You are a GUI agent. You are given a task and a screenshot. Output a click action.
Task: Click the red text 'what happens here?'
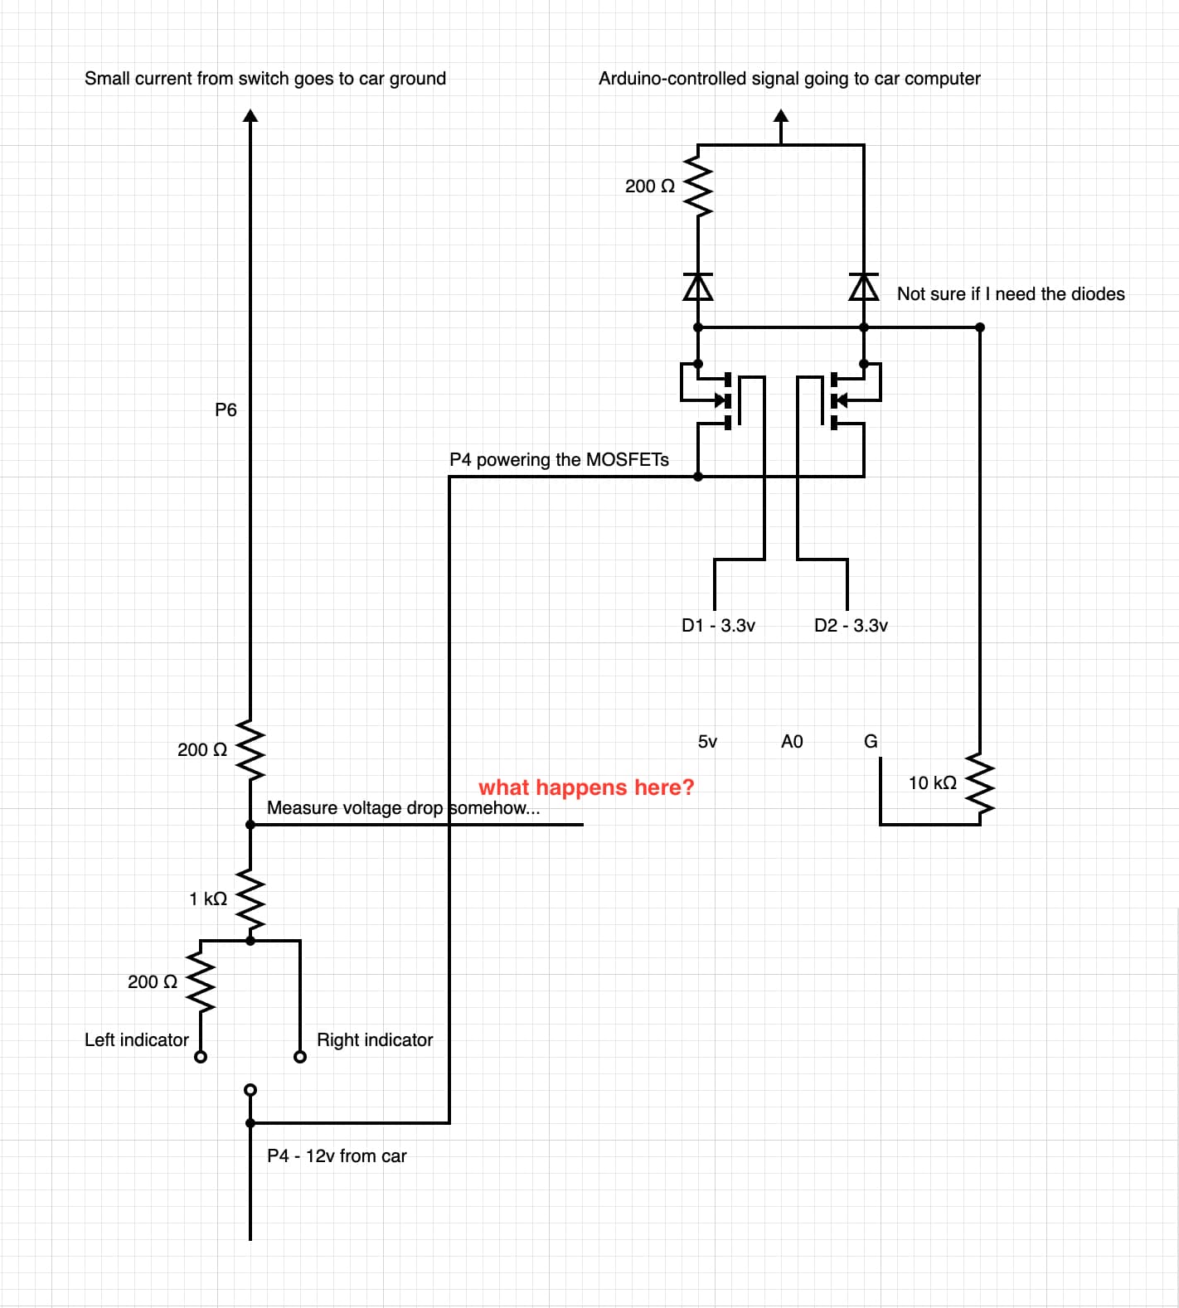pos(585,787)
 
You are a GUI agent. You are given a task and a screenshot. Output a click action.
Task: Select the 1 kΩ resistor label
pos(208,899)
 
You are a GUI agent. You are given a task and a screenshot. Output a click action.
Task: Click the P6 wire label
pos(226,409)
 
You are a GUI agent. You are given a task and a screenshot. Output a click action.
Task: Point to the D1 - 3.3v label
pos(718,625)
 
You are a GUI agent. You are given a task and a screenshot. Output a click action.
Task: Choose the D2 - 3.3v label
pos(851,625)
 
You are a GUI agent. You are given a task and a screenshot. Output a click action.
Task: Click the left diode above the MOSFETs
pos(698,287)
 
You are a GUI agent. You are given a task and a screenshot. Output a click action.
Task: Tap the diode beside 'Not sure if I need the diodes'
pos(864,287)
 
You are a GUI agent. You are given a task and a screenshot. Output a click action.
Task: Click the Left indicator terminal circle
pos(201,1057)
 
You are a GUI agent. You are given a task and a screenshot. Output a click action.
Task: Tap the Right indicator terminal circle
pos(300,1057)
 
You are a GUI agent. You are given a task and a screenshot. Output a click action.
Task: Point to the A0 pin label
pos(792,741)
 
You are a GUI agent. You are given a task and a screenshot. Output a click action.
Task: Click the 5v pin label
pos(707,741)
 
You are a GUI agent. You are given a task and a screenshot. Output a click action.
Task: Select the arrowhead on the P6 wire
pos(250,114)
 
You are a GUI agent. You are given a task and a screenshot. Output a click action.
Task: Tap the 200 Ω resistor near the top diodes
pos(698,187)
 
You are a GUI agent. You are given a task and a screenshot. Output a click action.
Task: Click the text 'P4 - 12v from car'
pos(337,1155)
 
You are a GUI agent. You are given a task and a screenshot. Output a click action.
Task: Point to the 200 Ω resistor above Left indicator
pos(201,981)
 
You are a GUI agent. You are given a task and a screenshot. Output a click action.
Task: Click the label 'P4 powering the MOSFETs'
pos(559,459)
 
